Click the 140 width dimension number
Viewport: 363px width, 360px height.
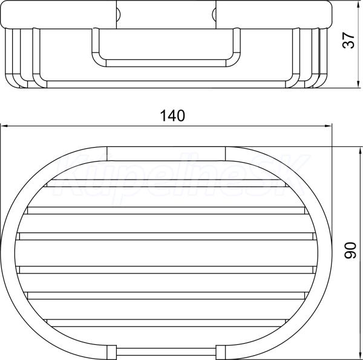(172, 116)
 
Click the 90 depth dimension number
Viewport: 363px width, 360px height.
(350, 250)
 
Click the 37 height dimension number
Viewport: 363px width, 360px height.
(348, 41)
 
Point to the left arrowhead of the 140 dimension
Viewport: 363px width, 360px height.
(4, 126)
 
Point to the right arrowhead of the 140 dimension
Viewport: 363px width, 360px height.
(329, 126)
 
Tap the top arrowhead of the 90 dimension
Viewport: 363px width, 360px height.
(360, 152)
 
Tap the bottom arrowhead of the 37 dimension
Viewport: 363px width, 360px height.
(358, 84)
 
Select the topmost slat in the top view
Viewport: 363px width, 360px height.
(168, 183)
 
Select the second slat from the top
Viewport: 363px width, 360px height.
(166, 211)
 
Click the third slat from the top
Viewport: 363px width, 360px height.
(166, 237)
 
